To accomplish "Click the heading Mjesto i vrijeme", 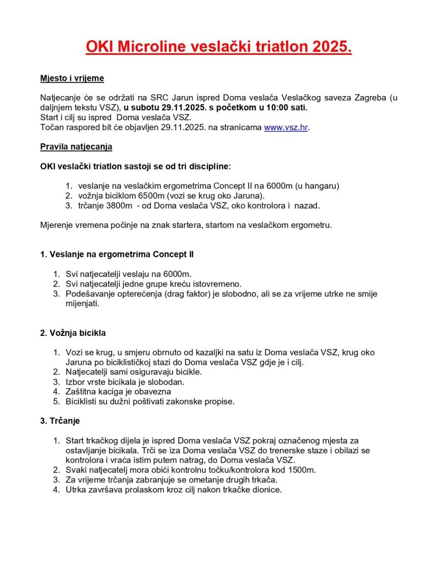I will pos(72,78).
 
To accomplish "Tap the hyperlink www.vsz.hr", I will pos(285,127).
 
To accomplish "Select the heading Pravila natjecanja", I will pos(76,147).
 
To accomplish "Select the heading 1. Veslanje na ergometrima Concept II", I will pos(116,254).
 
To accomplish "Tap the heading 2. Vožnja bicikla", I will pos(73,333).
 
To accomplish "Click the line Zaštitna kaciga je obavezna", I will pos(119,391).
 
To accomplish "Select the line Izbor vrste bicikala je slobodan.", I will pos(125,381).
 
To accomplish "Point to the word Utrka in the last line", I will pos(75,490).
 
